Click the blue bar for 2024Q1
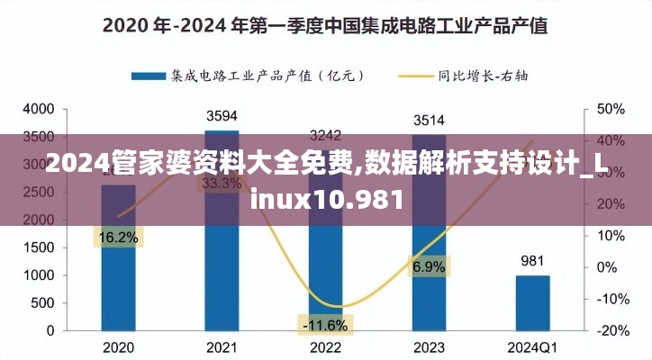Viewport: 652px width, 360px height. click(532, 302)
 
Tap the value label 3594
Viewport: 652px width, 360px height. click(222, 115)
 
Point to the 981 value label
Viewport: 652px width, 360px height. click(532, 261)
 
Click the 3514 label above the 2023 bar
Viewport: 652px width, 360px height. click(429, 120)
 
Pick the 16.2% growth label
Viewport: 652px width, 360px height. click(118, 238)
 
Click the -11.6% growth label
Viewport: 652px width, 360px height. click(325, 323)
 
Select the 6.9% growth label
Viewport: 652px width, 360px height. click(429, 266)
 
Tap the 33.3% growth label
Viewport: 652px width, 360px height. click(222, 183)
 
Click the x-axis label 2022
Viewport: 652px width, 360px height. click(325, 347)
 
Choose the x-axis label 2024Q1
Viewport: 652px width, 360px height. click(532, 347)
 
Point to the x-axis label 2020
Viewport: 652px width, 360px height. click(118, 347)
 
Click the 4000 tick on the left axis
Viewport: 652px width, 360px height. click(40, 109)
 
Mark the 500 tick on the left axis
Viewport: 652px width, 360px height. click(44, 303)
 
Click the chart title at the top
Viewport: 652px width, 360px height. click(325, 25)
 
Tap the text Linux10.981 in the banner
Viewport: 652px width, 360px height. click(326, 197)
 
